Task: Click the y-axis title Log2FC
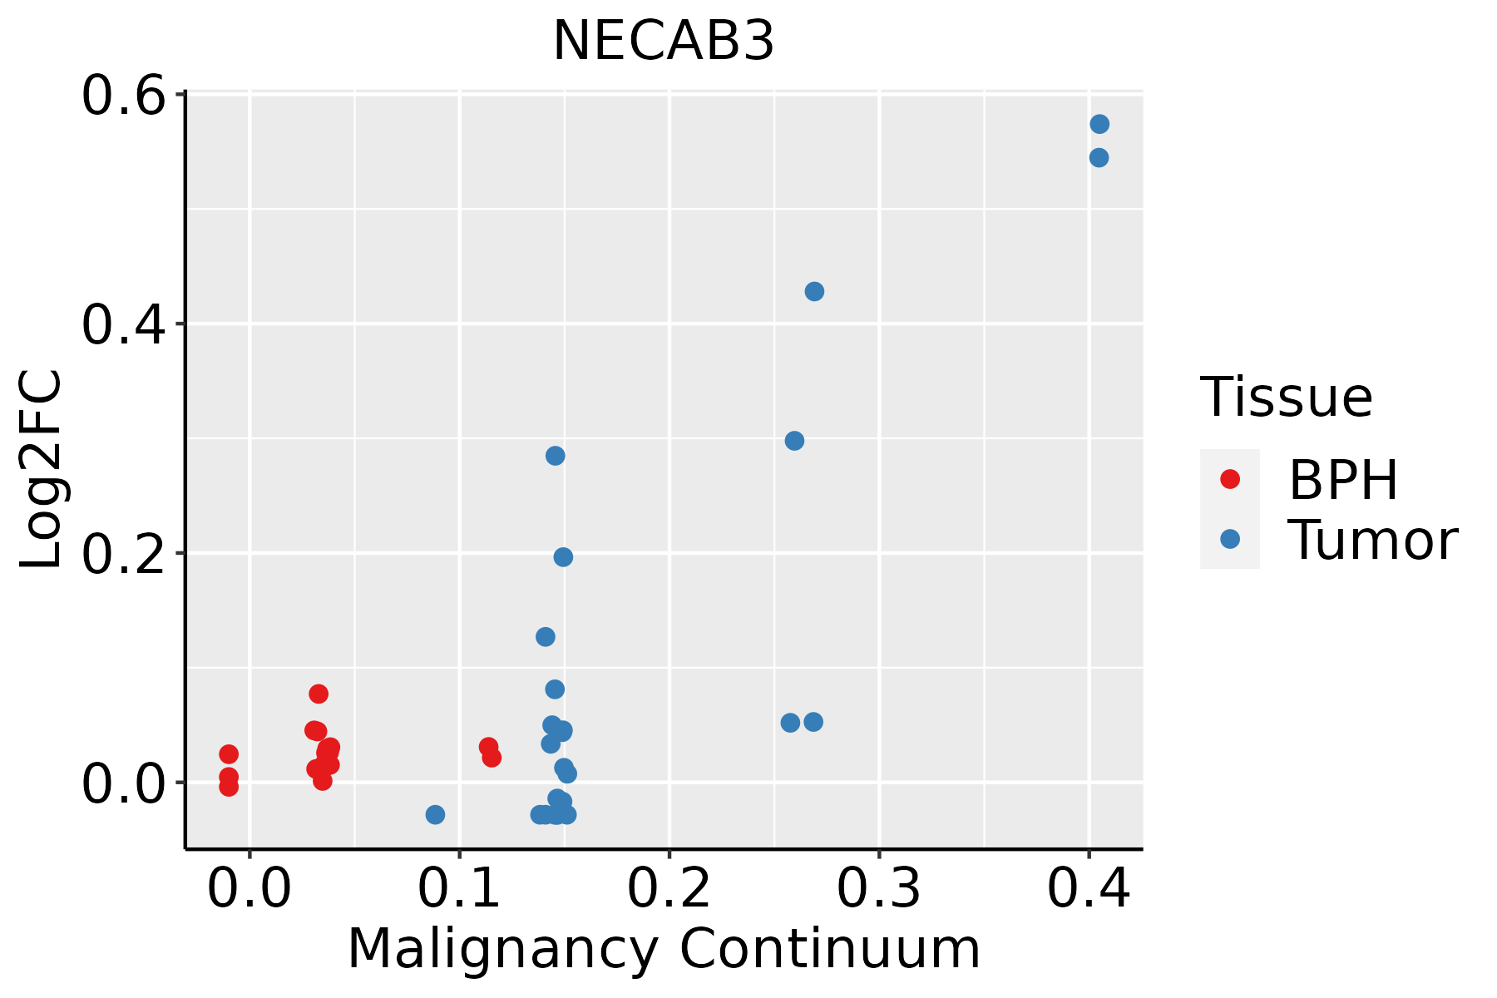click(x=42, y=470)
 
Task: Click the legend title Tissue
click(x=1287, y=398)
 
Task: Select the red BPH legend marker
click(x=1229, y=479)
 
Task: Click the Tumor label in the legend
click(x=1372, y=541)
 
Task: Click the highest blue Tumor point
click(x=1099, y=124)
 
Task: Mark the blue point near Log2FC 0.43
click(x=814, y=291)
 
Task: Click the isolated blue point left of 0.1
click(x=435, y=814)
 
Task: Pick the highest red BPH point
click(x=319, y=694)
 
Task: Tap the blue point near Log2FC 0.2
click(x=563, y=557)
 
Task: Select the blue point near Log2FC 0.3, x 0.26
click(x=794, y=441)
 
